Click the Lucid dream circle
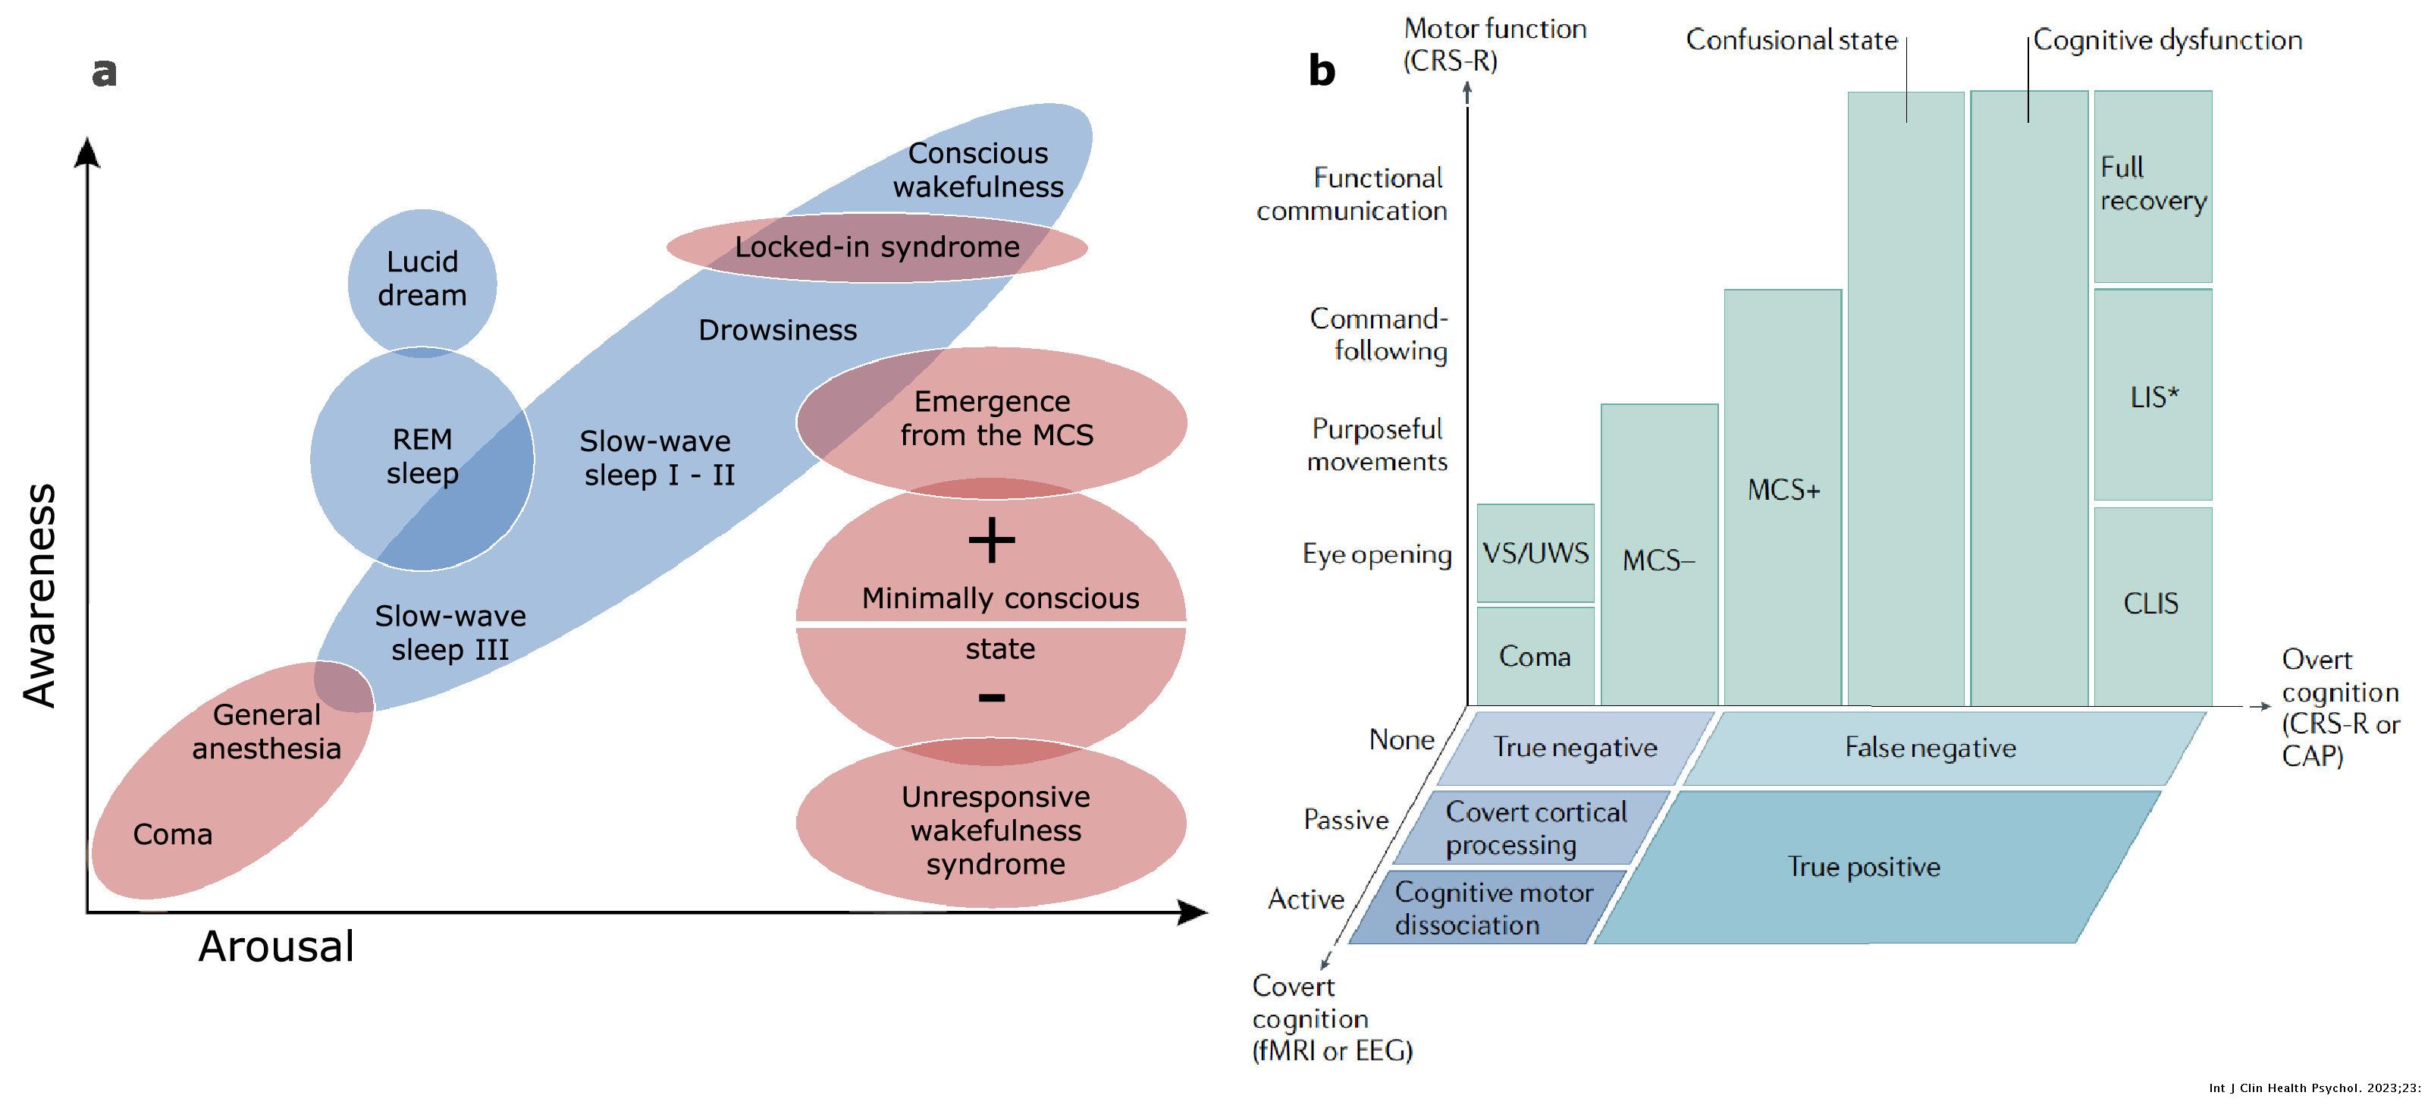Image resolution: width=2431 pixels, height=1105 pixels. point(422,279)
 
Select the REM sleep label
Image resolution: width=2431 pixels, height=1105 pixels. point(422,456)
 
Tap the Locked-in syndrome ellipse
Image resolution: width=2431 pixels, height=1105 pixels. point(877,247)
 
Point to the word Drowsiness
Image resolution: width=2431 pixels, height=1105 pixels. point(778,330)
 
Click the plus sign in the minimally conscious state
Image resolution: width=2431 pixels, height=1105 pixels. point(991,542)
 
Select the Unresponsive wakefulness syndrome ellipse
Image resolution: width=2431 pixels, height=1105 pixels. point(995,830)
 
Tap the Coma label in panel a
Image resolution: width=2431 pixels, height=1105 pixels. point(173,834)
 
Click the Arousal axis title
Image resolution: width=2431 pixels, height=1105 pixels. point(275,946)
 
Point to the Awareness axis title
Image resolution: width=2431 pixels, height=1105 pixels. point(39,596)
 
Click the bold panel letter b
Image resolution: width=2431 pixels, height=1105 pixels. point(1321,71)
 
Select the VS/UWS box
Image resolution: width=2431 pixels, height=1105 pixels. point(1535,553)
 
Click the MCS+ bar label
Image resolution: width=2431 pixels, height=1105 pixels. point(1783,491)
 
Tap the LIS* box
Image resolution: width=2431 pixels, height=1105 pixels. point(2153,397)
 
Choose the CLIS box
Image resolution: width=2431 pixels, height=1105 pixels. point(2150,604)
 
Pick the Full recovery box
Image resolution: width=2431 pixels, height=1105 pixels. point(2153,185)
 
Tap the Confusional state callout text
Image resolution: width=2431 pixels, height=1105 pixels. point(1790,41)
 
